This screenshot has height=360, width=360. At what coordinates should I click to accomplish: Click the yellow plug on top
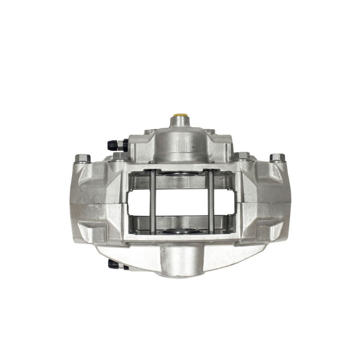coord(178,120)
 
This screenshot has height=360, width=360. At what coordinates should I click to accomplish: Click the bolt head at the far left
coord(82,159)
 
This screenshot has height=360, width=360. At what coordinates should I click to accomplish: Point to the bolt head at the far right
coord(277,158)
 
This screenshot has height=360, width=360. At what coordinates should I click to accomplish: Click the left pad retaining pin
coord(152,202)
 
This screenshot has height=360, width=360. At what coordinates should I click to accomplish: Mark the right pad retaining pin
coord(211,202)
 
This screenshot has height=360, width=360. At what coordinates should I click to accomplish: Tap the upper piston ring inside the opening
coord(182,174)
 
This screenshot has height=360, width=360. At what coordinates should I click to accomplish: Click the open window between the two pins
coord(182,202)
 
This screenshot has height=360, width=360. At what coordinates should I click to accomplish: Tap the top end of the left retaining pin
coord(152,171)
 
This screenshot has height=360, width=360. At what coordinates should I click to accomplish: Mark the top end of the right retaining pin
coord(211,171)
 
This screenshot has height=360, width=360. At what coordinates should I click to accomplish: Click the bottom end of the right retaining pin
coord(211,232)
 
